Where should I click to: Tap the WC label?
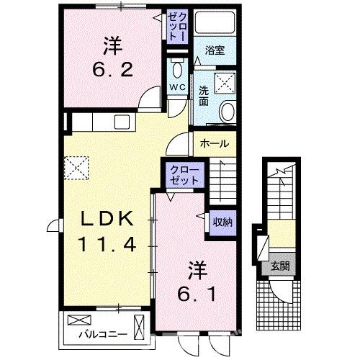tap(177, 89)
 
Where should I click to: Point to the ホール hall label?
tap(215, 143)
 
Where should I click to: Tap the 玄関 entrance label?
tap(281, 266)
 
